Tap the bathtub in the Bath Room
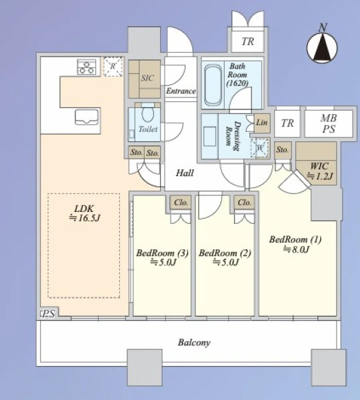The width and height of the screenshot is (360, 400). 213,85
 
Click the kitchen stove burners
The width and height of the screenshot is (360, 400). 87,67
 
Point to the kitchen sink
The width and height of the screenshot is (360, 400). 87,117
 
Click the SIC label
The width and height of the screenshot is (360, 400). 147,78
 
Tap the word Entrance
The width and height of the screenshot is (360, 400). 181,91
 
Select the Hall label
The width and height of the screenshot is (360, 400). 185,173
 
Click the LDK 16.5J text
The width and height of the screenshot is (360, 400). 85,213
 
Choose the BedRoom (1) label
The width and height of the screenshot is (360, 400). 295,244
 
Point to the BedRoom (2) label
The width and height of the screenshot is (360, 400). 225,257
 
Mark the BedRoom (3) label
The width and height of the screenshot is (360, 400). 162,257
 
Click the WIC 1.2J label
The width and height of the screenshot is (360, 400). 319,171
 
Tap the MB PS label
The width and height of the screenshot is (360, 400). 329,123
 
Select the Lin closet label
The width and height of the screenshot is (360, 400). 262,123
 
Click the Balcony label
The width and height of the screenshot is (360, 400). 194,343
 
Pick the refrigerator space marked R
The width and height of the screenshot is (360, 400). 113,67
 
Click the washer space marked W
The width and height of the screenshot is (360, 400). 260,148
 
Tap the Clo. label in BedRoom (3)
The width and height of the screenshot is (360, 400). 181,203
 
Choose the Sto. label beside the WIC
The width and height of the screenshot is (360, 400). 283,149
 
